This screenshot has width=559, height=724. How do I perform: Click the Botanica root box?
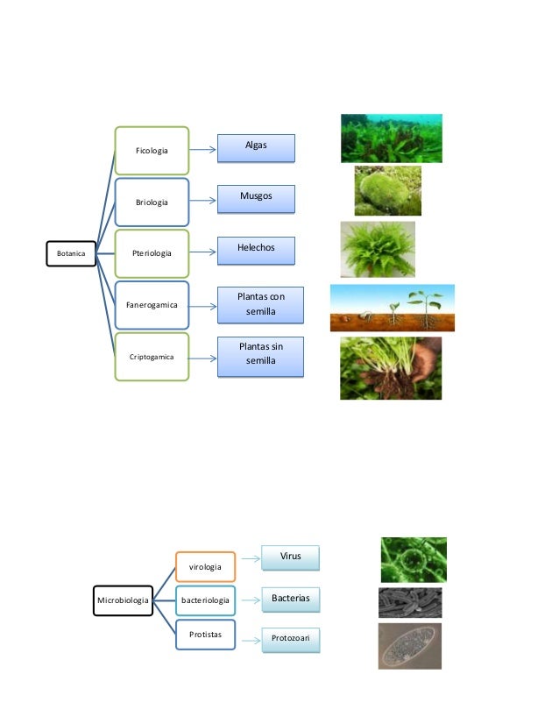tap(70, 253)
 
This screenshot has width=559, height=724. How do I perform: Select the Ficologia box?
tap(152, 151)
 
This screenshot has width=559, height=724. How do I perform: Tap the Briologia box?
tap(152, 202)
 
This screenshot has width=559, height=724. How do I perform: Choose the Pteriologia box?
tap(152, 253)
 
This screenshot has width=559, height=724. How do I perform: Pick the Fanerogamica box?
tap(152, 305)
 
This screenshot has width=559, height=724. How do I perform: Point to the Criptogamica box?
tap(152, 357)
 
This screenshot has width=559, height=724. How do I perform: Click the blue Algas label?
tap(256, 148)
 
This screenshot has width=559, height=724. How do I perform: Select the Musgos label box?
tap(256, 199)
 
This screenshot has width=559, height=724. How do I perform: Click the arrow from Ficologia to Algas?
tap(203, 150)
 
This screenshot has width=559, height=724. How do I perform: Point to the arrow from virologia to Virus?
tap(249, 557)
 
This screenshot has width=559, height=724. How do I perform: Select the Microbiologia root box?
tap(123, 600)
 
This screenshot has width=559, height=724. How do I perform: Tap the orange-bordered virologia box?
tap(205, 567)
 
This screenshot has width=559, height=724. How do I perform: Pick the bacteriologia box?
tap(205, 600)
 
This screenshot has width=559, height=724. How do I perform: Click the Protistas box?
tap(205, 634)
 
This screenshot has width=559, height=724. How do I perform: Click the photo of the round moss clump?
tap(387, 191)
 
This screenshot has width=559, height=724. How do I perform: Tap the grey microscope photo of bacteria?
tap(409, 602)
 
